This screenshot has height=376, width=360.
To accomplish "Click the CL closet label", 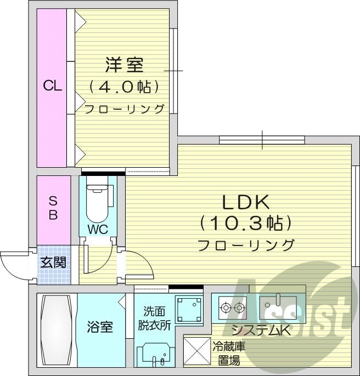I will point(53,86).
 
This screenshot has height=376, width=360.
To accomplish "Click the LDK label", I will point(245,203).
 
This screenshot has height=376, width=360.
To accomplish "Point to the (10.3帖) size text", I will point(245,224).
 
